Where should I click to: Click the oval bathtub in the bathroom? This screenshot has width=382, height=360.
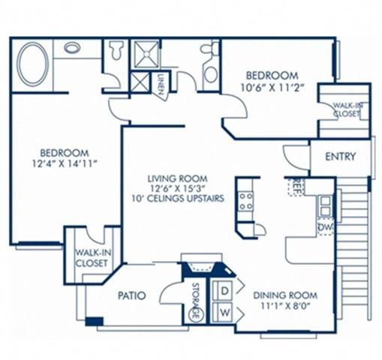pos(32,64)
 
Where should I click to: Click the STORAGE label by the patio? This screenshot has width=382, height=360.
pos(197,301)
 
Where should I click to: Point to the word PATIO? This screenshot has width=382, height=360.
pos(131,295)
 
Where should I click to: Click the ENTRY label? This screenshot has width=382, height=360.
pos(340,157)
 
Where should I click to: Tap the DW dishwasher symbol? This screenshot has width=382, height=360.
pos(326,224)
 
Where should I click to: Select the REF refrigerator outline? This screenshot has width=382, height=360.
pos(298,185)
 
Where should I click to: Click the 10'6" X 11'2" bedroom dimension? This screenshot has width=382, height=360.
pos(272,87)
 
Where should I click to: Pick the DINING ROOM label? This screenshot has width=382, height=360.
pos(284,295)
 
